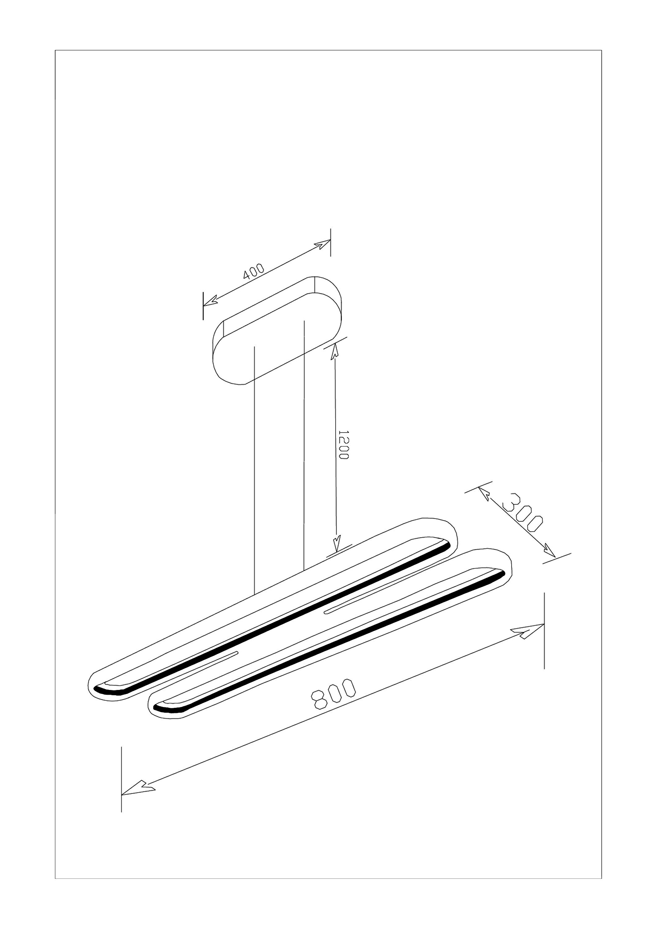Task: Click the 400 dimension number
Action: pyautogui.click(x=254, y=271)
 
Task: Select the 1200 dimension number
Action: pyautogui.click(x=343, y=444)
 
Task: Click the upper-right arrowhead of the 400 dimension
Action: pyautogui.click(x=323, y=244)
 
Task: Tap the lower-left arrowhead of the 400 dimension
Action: pyautogui.click(x=211, y=301)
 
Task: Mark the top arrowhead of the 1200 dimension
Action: pyautogui.click(x=334, y=351)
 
